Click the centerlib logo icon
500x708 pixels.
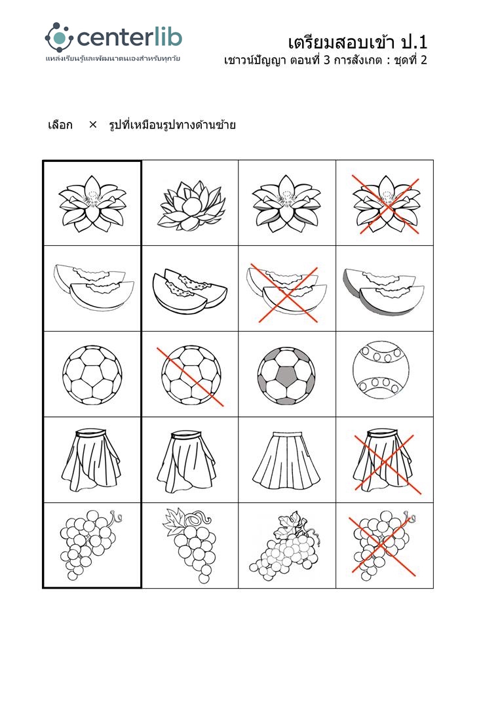tap(59, 37)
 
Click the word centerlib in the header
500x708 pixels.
tap(130, 37)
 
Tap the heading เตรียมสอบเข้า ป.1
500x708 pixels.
tap(357, 42)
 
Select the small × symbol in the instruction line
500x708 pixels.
tap(93, 124)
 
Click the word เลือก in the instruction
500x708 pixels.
tap(60, 125)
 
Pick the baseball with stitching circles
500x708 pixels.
tap(381, 370)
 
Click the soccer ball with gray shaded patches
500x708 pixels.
tap(286, 375)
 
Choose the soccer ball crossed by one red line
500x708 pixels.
tap(191, 375)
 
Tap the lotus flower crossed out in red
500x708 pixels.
tap(386, 204)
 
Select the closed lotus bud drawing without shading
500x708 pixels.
tap(191, 204)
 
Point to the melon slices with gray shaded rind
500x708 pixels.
tap(384, 290)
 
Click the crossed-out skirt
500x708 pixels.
tap(385, 461)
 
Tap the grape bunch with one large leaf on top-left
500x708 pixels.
tap(189, 544)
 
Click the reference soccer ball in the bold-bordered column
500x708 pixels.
tap(92, 375)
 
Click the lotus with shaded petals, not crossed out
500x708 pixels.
tap(286, 204)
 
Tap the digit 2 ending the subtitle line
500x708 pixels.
tap(423, 60)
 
